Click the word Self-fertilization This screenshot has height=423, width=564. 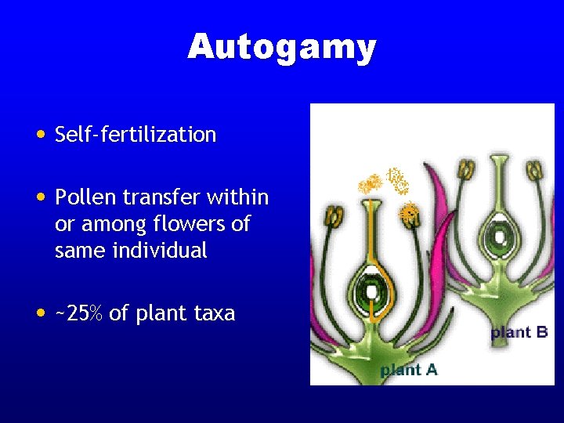[136, 135]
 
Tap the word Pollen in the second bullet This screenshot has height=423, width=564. [83, 197]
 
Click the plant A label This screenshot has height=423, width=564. [409, 370]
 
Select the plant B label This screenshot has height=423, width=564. [519, 332]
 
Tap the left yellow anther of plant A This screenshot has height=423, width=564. [334, 216]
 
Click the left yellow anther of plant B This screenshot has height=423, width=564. [467, 169]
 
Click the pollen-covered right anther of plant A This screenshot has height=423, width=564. [408, 212]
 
